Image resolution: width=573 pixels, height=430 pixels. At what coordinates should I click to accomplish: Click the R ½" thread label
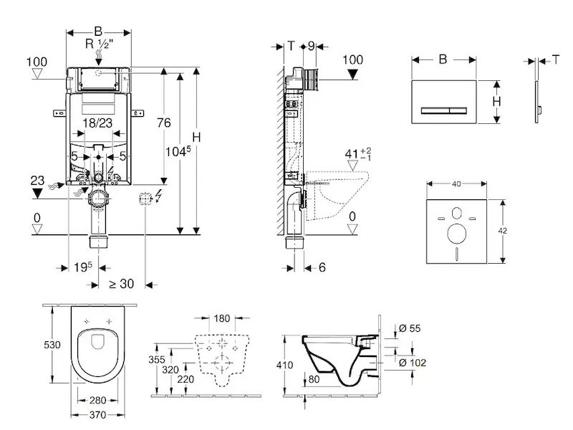[x=101, y=44]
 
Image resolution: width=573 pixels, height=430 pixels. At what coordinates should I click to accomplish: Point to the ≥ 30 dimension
[x=122, y=284]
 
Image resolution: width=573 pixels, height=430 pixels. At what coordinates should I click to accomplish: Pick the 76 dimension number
[x=164, y=123]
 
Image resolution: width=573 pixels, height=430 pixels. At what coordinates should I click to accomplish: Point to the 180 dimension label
[x=223, y=318]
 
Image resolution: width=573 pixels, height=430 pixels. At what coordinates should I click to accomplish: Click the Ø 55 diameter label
[x=409, y=328]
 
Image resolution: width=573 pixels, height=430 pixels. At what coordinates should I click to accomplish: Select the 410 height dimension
[x=284, y=364]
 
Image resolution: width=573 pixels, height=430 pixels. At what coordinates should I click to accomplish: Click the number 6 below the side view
[x=322, y=267]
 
